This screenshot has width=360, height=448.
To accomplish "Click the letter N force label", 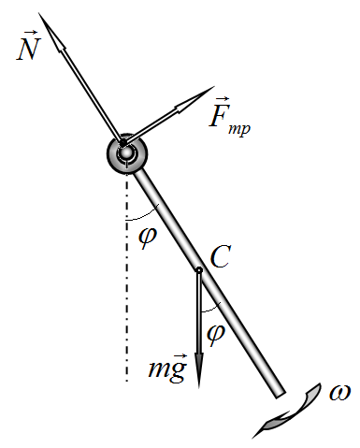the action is point(28,49).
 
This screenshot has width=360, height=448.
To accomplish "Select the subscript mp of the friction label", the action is point(239,128).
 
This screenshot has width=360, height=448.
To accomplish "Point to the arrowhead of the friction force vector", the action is point(195,99).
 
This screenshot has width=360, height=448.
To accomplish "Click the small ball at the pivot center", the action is point(126,152).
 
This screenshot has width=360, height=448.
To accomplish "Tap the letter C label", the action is point(221,256).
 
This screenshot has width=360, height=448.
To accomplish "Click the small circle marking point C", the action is point(199,270).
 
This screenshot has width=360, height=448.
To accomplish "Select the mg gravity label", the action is point(167,369).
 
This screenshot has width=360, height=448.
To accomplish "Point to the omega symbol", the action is point(339,392).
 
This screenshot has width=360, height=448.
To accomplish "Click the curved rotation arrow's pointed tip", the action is point(252,438).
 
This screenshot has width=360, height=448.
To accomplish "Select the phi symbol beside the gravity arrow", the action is point(216,334).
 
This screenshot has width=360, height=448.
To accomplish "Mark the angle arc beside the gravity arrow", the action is point(212,309).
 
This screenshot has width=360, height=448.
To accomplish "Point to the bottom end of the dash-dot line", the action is point(126,381).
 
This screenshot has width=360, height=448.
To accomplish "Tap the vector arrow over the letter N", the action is point(31,32).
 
